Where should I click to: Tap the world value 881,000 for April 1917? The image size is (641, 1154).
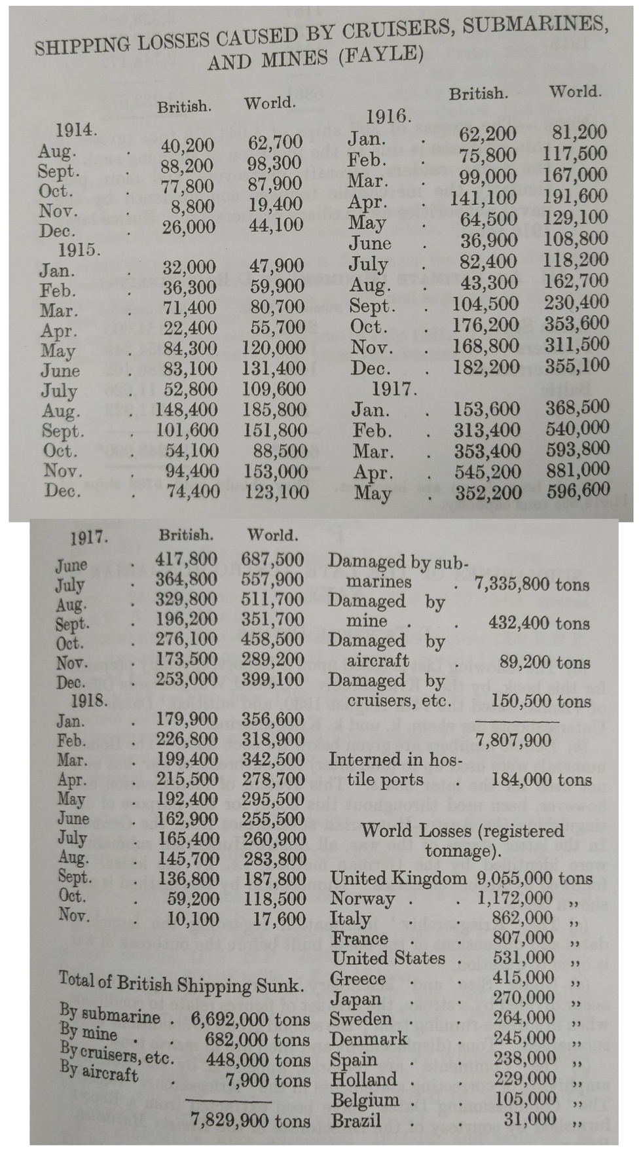click(577, 471)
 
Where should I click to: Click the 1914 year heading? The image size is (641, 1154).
click(77, 130)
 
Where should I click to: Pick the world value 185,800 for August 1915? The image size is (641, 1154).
click(275, 410)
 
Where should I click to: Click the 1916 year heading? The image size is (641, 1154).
click(388, 117)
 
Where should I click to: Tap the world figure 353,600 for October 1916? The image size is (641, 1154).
click(576, 323)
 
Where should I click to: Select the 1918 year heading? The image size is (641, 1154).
click(89, 700)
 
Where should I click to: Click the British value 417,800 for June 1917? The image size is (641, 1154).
click(186, 560)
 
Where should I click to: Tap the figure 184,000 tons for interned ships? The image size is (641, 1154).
click(541, 780)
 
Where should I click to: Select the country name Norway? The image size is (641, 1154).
click(362, 899)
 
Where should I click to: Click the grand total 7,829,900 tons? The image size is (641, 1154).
click(250, 1121)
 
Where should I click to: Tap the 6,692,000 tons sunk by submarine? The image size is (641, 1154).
click(250, 1019)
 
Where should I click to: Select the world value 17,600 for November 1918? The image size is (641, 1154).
click(279, 919)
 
